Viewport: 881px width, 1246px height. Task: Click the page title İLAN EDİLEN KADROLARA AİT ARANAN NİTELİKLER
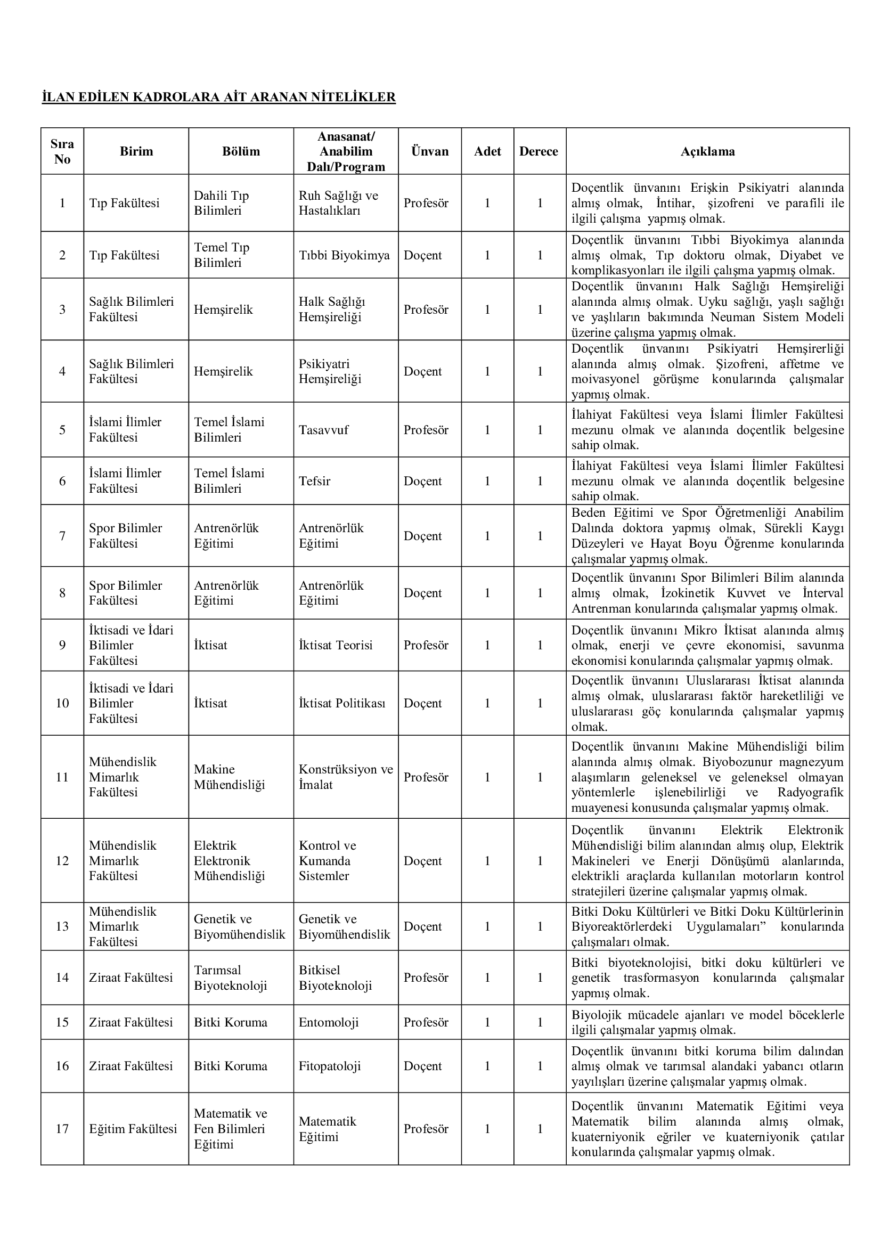coord(218,97)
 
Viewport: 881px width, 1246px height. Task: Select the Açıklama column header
coord(707,151)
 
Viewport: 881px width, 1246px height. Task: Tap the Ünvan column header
coord(430,151)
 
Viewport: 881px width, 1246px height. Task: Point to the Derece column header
coord(538,151)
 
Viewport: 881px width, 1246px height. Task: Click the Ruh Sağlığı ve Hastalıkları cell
coord(339,203)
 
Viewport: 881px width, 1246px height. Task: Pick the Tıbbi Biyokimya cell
coord(344,255)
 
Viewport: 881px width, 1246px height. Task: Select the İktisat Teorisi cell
coord(336,645)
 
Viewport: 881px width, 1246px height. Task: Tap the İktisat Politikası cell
coord(342,703)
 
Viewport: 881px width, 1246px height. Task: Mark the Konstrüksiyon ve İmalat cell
coord(346,777)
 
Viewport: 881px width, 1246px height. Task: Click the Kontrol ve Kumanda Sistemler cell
coord(328,860)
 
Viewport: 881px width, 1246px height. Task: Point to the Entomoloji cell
coord(329,1022)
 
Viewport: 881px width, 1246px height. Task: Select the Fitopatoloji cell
coord(329,1066)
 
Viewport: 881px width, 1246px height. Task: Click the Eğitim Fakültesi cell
coord(133,1129)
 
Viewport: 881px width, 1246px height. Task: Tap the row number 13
coord(62,926)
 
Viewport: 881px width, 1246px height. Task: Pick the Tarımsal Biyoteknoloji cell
coord(231,978)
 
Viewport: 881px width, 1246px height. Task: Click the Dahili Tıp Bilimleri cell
coord(222,203)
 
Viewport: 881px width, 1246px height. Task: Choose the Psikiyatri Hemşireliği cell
coord(330,371)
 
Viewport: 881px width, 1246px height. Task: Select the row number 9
coord(62,645)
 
